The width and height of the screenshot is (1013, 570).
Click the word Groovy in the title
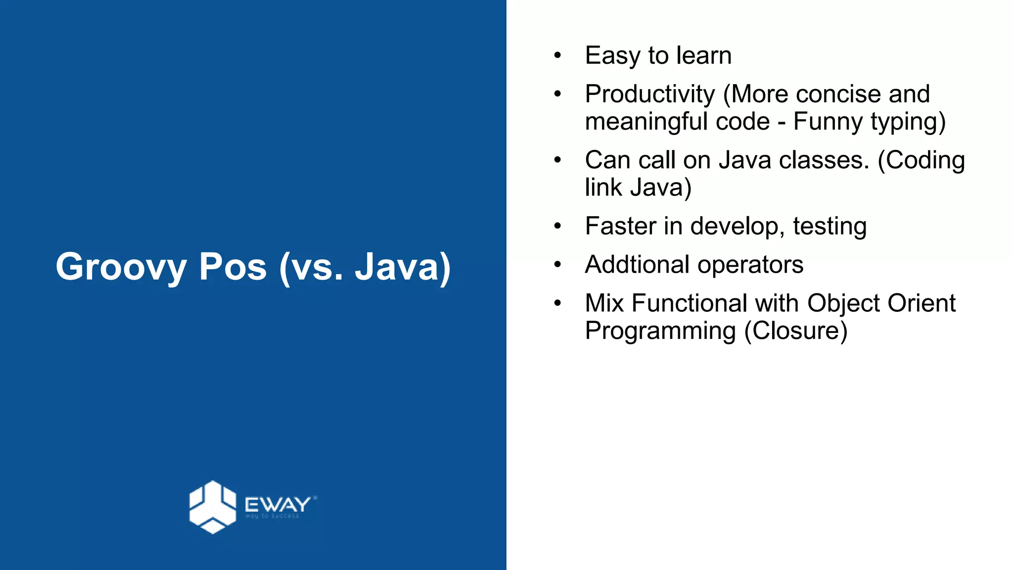tap(121, 268)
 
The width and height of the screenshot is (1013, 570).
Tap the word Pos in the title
tap(232, 268)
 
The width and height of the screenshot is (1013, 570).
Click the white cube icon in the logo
tap(213, 507)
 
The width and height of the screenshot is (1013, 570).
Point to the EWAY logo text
tap(277, 505)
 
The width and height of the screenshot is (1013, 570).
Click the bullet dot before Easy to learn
tap(557, 55)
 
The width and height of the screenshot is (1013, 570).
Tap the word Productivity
tap(650, 94)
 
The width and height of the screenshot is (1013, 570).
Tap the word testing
tap(829, 227)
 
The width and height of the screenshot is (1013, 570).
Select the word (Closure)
tap(796, 331)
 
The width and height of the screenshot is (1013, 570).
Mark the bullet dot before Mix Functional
tap(557, 303)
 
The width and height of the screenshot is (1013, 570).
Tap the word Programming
tap(660, 331)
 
